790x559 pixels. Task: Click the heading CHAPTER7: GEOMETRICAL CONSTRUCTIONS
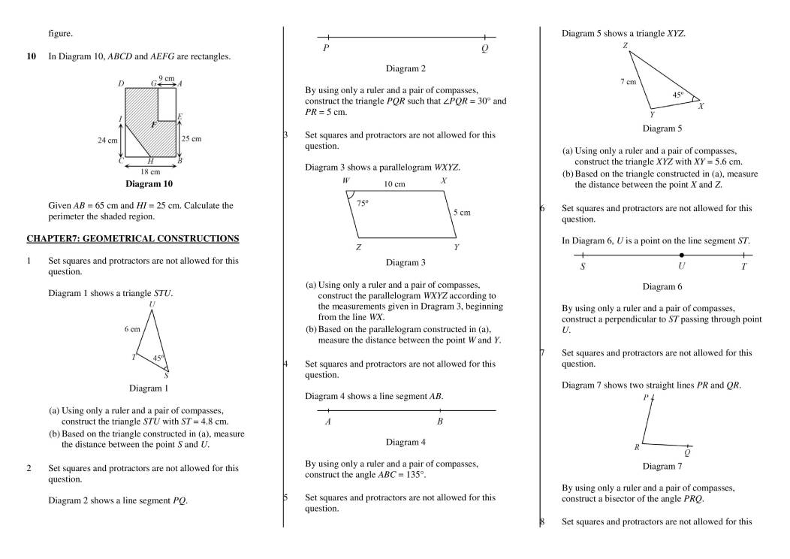click(x=133, y=239)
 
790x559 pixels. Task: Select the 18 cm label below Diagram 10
click(x=150, y=171)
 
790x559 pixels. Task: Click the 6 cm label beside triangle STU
click(x=132, y=329)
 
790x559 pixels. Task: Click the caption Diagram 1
click(x=149, y=388)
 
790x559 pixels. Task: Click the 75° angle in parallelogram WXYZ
click(x=361, y=204)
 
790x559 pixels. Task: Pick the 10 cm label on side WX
click(x=394, y=184)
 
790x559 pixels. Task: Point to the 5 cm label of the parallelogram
click(x=462, y=213)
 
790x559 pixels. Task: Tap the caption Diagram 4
click(x=406, y=443)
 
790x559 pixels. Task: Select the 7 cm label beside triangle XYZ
click(x=629, y=82)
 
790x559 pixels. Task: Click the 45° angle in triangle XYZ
click(x=677, y=95)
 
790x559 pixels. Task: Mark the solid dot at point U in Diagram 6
click(x=682, y=255)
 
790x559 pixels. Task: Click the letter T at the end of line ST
click(x=743, y=267)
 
